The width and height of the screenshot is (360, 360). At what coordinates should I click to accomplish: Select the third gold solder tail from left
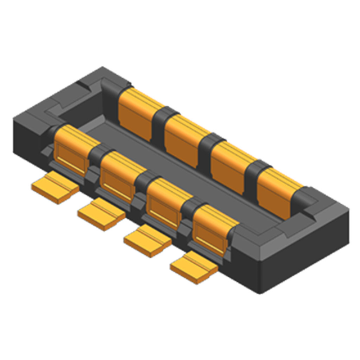pos(147,239)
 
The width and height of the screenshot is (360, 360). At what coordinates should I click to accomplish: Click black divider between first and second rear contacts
pos(162,118)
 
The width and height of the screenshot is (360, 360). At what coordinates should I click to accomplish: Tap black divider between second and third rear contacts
pos(209,143)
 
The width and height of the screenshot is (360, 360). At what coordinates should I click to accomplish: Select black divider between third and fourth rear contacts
pos(256,169)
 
